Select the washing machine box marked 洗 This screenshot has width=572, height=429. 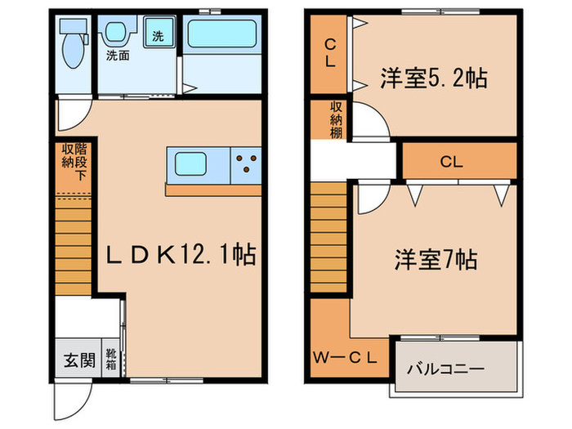click(157, 36)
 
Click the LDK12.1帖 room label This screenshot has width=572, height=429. click(181, 257)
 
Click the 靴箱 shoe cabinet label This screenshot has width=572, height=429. click(110, 360)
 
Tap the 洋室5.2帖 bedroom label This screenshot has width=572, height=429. click(433, 78)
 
